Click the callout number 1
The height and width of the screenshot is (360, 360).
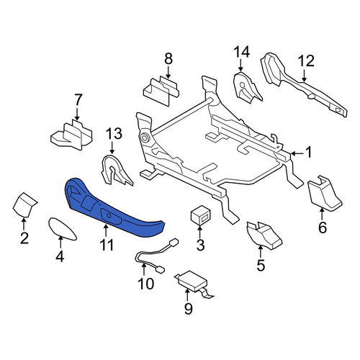309,152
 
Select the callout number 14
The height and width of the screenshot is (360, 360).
242,52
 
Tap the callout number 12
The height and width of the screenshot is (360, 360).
306,61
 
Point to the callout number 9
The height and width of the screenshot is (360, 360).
188,308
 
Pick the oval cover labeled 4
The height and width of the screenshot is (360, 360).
62,229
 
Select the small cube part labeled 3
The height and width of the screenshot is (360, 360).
201,215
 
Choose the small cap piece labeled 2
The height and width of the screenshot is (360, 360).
24,204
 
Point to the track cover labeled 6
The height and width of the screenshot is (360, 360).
324,194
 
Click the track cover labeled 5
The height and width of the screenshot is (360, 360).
264,235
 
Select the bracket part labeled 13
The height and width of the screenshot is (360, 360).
116,171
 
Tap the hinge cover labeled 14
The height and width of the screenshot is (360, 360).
247,88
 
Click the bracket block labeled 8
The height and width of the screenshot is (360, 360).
161,91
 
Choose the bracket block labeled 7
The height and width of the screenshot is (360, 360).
71,135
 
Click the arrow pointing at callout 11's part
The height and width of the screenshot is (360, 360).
106,230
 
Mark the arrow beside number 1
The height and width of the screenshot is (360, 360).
297,153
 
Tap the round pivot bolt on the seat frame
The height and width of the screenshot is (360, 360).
145,138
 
